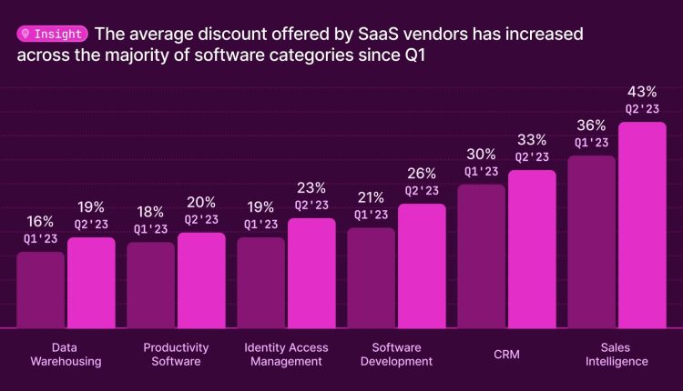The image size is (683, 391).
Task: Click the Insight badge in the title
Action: [53, 34]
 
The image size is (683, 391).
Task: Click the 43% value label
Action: [642, 92]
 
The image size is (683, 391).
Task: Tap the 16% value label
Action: [40, 221]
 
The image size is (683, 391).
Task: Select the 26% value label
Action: [422, 173]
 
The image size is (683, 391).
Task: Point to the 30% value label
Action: [481, 155]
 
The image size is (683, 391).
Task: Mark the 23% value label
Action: [311, 188]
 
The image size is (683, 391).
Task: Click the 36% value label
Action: [591, 125]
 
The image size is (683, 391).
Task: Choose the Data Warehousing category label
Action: [66, 354]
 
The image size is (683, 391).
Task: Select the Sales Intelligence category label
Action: [617, 354]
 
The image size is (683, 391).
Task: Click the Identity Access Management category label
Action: [286, 354]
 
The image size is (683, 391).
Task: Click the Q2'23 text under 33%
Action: [532, 156]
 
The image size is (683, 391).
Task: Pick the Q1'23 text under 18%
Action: [150, 229]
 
